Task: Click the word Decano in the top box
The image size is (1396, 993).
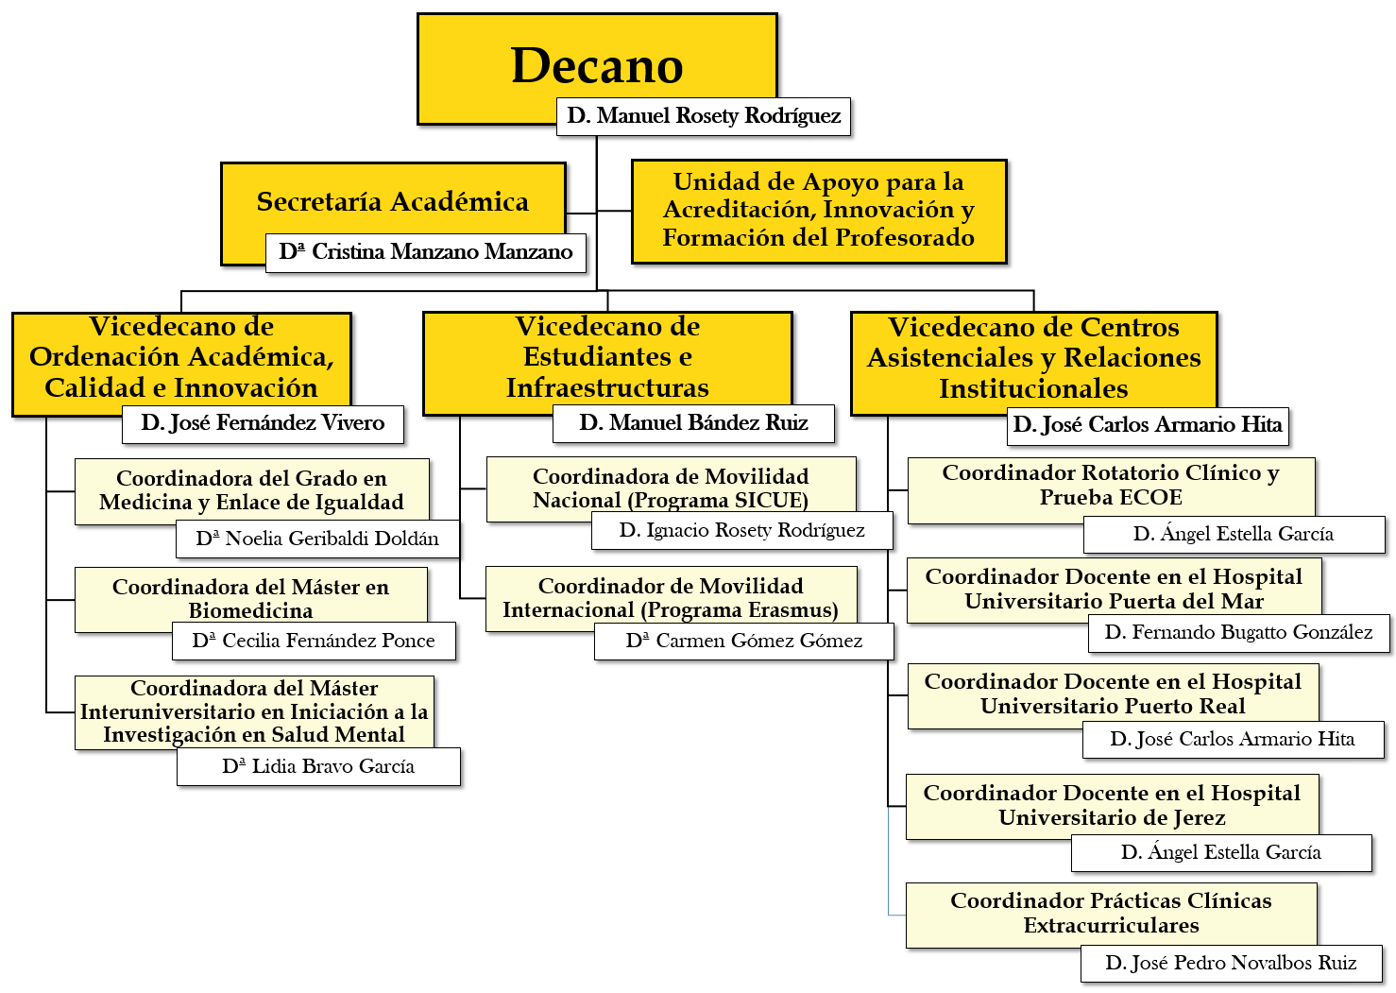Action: [x=597, y=65]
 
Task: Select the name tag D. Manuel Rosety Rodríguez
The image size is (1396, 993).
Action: [x=704, y=116]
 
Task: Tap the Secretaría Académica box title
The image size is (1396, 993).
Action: [x=393, y=201]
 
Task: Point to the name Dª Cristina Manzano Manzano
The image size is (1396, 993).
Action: [x=426, y=252]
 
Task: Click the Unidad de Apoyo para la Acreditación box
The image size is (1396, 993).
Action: [x=819, y=212]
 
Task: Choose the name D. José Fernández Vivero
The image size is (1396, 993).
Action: [x=263, y=424]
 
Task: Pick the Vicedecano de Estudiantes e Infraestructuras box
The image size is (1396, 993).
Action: [x=607, y=364]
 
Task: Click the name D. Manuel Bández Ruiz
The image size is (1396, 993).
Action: [x=693, y=424]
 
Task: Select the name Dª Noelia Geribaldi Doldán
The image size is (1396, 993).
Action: [x=318, y=539]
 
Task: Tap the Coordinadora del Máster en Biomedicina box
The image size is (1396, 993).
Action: [x=251, y=599]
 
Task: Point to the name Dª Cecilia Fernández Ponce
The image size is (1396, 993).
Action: [x=315, y=641]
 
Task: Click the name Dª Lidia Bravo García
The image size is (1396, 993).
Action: [x=318, y=766]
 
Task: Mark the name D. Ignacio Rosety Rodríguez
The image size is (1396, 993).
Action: [x=742, y=530]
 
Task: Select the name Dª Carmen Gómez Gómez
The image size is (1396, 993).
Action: [x=744, y=642]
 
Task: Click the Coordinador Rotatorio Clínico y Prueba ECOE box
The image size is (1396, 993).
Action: [x=1111, y=490]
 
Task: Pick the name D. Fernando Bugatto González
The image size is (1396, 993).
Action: [x=1239, y=633]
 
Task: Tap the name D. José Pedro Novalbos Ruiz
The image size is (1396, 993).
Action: [x=1231, y=964]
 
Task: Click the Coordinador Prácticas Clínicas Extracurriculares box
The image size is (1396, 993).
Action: [x=1111, y=916]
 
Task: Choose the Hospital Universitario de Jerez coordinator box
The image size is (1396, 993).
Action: [x=1113, y=807]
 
